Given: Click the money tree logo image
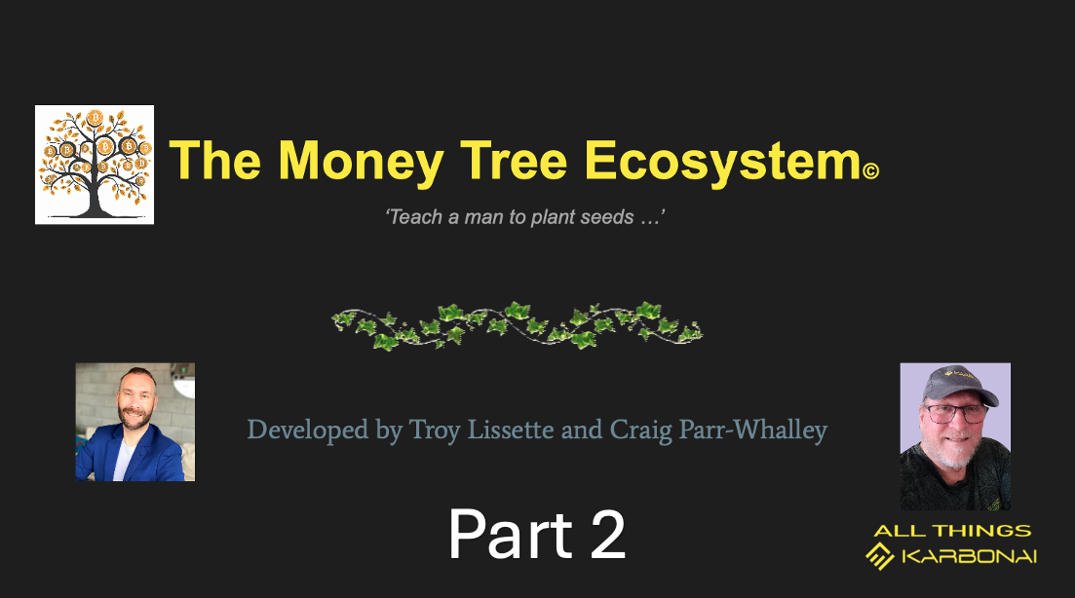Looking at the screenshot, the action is [x=95, y=165].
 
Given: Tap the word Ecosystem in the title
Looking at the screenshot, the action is [x=722, y=163].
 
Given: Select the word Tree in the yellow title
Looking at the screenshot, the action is [x=514, y=161].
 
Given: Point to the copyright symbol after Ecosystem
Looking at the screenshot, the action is [x=870, y=169].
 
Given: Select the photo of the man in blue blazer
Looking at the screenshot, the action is [x=135, y=422].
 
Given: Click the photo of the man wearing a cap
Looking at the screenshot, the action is [x=955, y=436].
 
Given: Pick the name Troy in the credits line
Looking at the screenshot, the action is [x=434, y=430].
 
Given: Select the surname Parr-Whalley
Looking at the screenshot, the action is [x=752, y=430].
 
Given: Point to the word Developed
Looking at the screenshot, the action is [x=308, y=430].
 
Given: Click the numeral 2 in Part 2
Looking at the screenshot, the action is [x=607, y=535].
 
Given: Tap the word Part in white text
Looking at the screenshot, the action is [x=511, y=535].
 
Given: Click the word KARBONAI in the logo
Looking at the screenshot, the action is [x=969, y=556].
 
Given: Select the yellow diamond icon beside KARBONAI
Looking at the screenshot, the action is [x=880, y=555].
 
